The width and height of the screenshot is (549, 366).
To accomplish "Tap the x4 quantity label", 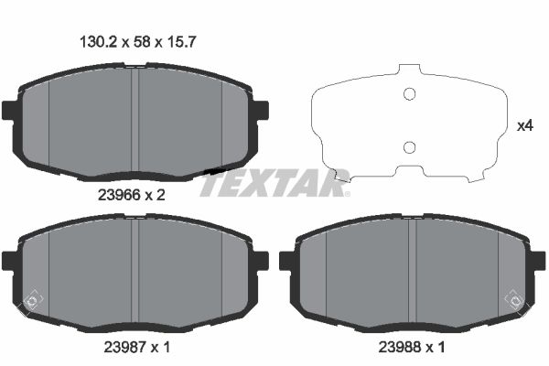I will pyautogui.click(x=525, y=126).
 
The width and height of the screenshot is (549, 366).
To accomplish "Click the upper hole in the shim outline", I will pyautogui.click(x=410, y=92).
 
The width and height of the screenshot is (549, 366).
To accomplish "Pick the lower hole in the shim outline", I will pyautogui.click(x=410, y=147).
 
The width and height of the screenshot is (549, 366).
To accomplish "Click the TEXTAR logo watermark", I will pyautogui.click(x=274, y=183).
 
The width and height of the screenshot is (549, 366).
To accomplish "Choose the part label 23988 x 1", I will pyautogui.click(x=413, y=349).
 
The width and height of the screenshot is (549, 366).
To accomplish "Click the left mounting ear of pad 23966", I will pyautogui.click(x=10, y=111).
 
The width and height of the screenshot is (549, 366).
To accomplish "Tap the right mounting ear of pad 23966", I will pyautogui.click(x=261, y=111).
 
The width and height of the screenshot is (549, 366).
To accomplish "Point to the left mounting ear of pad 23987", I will pyautogui.click(x=10, y=262).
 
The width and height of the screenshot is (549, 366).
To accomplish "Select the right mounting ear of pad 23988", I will pyautogui.click(x=539, y=262).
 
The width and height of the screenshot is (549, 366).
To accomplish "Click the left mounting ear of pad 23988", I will pyautogui.click(x=287, y=262).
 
